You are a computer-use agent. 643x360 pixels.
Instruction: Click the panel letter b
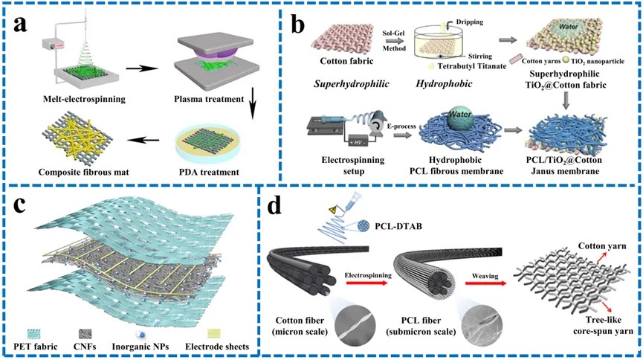pos(299,28)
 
